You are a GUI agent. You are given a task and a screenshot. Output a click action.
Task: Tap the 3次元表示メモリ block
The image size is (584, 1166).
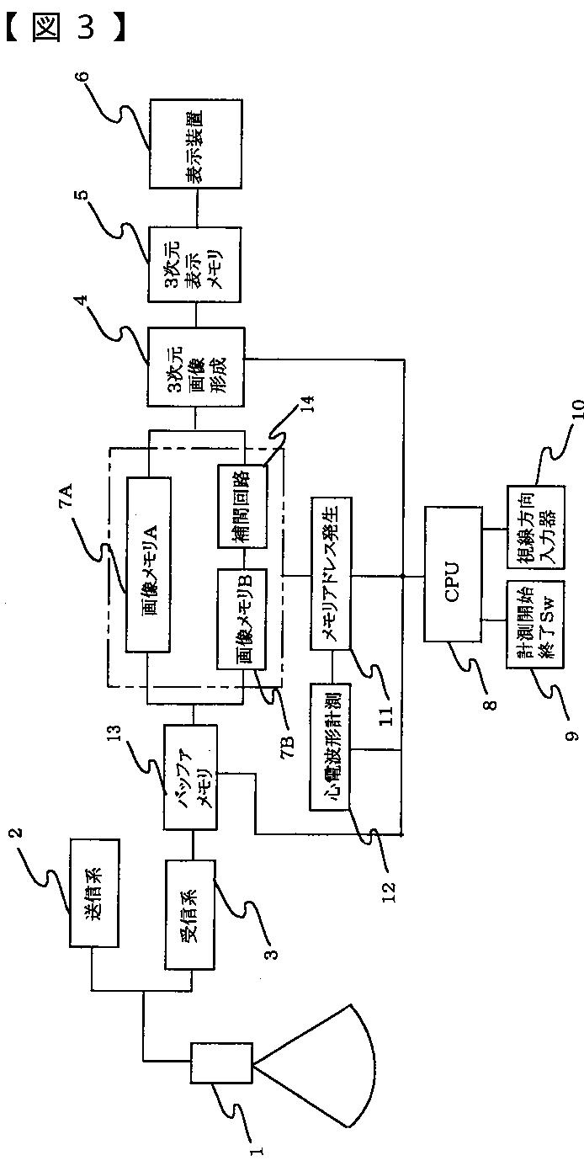[195, 264]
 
